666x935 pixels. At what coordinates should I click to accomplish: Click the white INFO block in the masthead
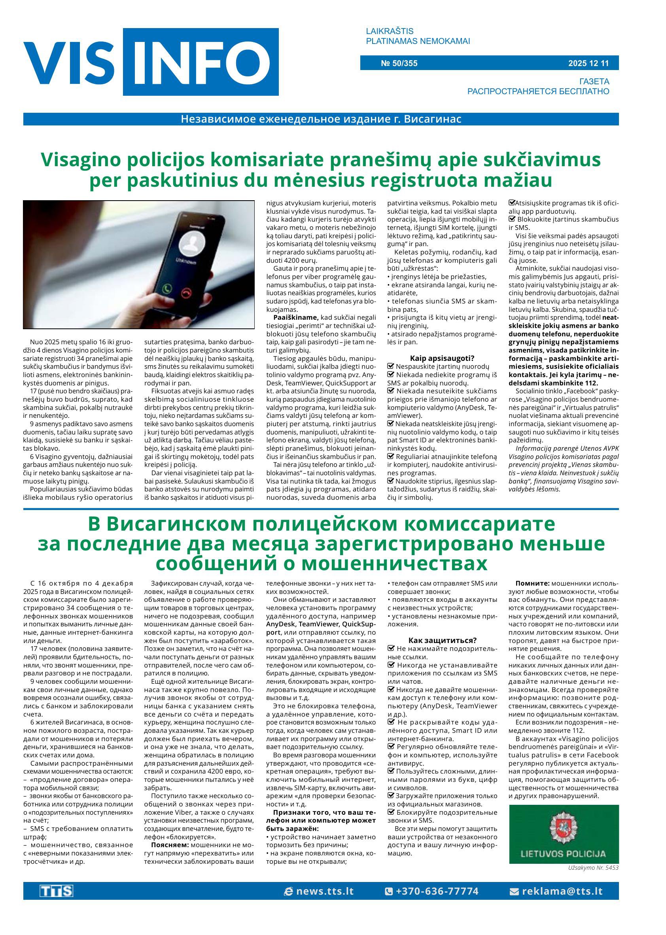click(x=201, y=62)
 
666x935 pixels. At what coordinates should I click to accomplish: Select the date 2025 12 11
click(x=588, y=63)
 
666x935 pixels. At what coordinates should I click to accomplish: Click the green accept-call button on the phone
click(x=167, y=288)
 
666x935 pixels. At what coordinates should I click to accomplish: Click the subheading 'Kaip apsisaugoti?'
click(x=442, y=358)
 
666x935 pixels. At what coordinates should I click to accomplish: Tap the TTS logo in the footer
click(x=56, y=891)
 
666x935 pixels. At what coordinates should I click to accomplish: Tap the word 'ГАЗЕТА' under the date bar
click(x=594, y=81)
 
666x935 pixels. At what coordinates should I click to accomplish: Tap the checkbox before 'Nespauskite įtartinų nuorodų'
click(x=390, y=366)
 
